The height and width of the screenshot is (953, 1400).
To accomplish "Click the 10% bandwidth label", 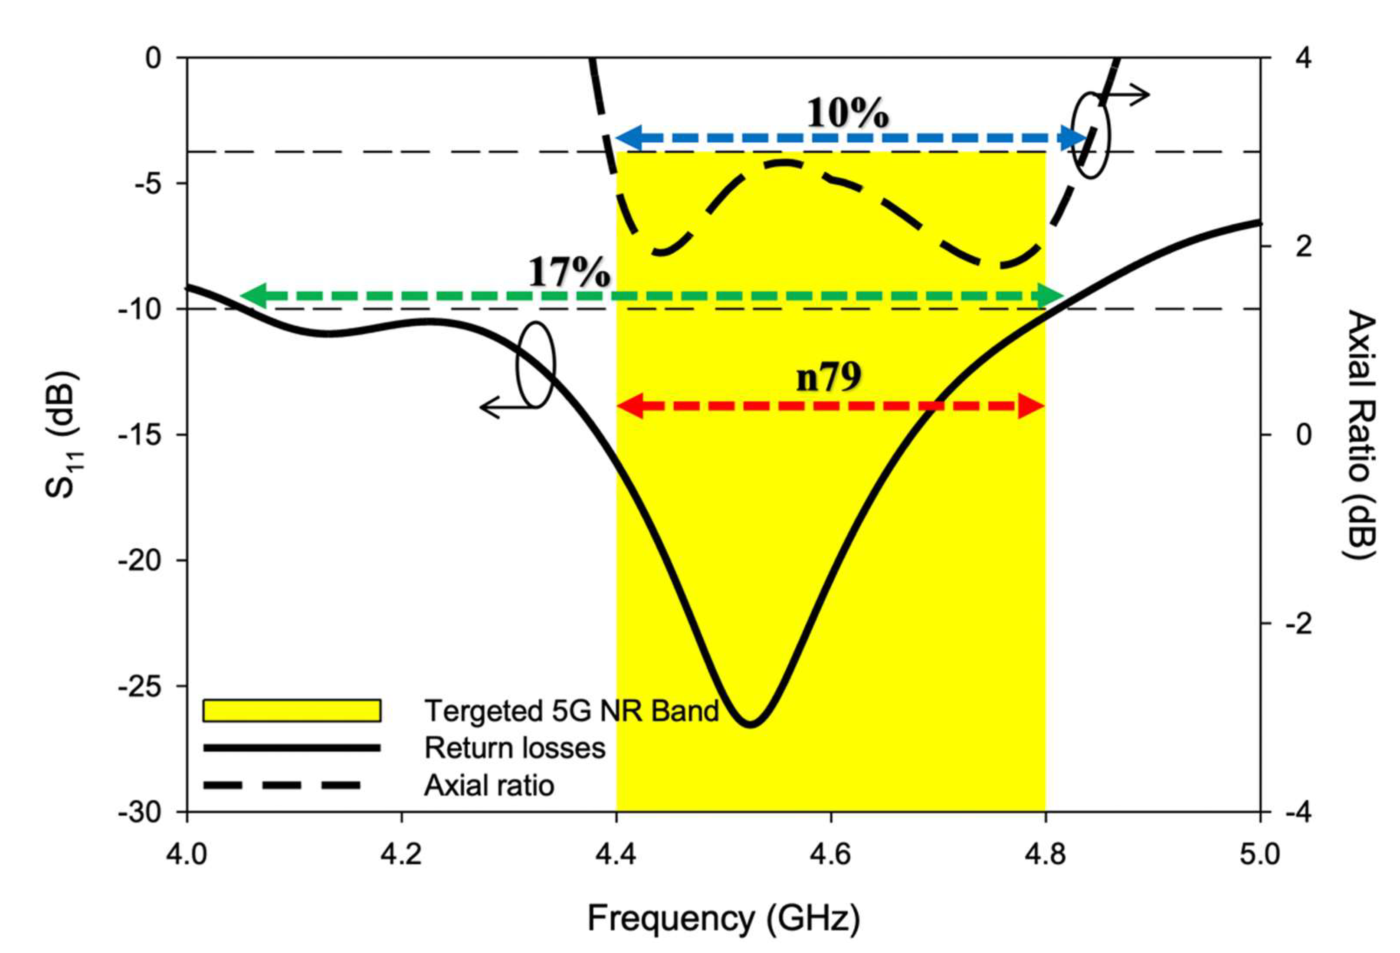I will [x=848, y=113].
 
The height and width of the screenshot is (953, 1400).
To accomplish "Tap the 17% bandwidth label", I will [x=569, y=272].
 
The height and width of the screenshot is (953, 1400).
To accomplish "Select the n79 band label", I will [x=829, y=378].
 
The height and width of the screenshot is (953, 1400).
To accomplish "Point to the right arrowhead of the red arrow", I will [x=1031, y=406].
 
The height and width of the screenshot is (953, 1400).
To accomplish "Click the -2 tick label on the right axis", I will [x=1299, y=623].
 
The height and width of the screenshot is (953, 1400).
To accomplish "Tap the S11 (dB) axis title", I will [x=62, y=435].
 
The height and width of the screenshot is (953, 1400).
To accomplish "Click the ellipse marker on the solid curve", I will [x=535, y=364].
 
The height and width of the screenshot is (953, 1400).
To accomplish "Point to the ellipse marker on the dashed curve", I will [x=1090, y=135].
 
